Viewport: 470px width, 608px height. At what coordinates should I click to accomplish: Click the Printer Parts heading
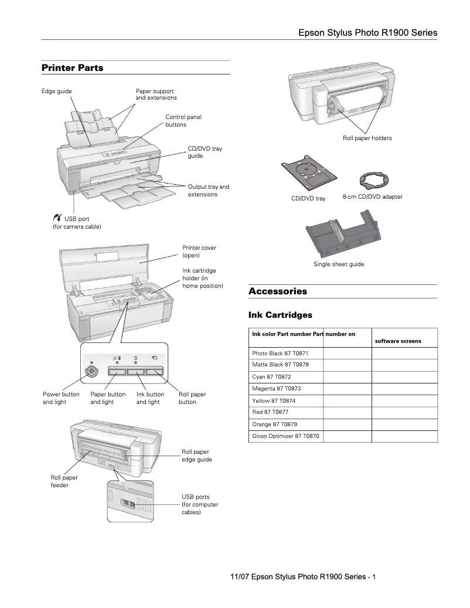click(x=72, y=68)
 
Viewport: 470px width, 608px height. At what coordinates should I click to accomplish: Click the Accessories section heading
click(x=277, y=291)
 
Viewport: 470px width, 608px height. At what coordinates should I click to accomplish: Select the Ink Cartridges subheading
click(x=280, y=315)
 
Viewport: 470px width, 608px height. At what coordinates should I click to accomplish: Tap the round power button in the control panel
click(x=91, y=371)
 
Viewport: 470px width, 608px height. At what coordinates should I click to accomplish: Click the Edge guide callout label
click(x=57, y=91)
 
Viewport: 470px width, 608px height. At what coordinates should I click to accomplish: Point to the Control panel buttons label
click(x=183, y=121)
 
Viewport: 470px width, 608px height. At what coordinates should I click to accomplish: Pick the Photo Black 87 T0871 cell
click(x=280, y=354)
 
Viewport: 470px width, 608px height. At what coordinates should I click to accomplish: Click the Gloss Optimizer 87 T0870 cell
click(x=285, y=436)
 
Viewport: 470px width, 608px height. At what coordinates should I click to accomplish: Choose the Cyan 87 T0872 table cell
click(x=271, y=377)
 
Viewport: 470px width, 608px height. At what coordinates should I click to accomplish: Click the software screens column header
click(x=397, y=341)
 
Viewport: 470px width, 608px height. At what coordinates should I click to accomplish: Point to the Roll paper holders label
click(x=367, y=138)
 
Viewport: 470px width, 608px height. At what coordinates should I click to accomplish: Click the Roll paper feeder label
click(x=64, y=481)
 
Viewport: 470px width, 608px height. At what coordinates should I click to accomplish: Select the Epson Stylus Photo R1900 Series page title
click(x=367, y=33)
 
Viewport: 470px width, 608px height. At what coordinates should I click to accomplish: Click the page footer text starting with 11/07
click(x=302, y=577)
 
